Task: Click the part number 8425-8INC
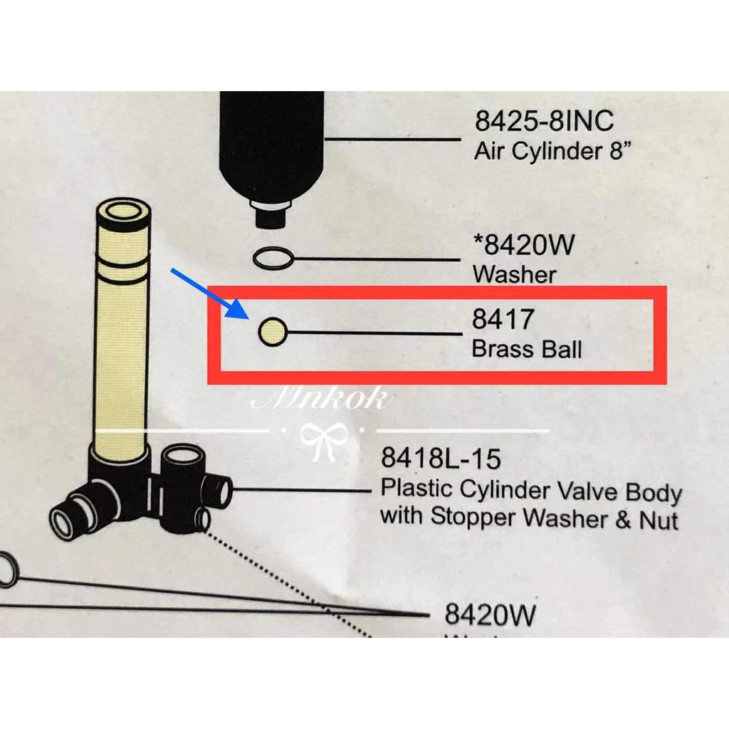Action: pyautogui.click(x=543, y=121)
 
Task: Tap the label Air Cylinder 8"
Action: pyautogui.click(x=553, y=152)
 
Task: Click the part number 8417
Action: pyautogui.click(x=502, y=320)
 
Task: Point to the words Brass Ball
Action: pyautogui.click(x=527, y=350)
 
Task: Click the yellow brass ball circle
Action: pyautogui.click(x=271, y=332)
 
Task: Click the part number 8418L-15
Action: pyautogui.click(x=441, y=458)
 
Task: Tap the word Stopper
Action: pyautogui.click(x=473, y=518)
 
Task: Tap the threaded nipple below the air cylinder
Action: pyautogui.click(x=271, y=213)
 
